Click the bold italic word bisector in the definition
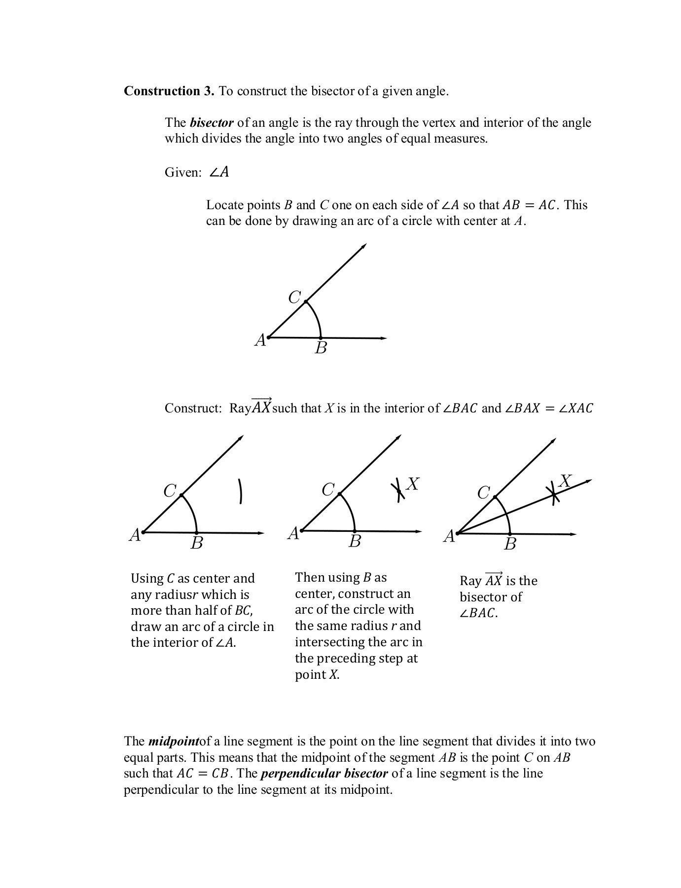tap(211, 123)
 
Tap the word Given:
tap(183, 173)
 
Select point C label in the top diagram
tap(294, 297)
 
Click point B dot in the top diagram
tap(321, 338)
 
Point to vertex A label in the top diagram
tap(260, 340)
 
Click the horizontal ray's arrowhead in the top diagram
tap(384, 338)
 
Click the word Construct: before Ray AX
tap(193, 408)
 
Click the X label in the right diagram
tap(566, 481)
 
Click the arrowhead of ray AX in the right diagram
tap(588, 481)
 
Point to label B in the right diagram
tap(510, 544)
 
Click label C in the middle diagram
tap(328, 490)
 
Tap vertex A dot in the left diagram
tap(143, 532)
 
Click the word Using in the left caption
tap(147, 579)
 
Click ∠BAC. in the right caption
tap(478, 613)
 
